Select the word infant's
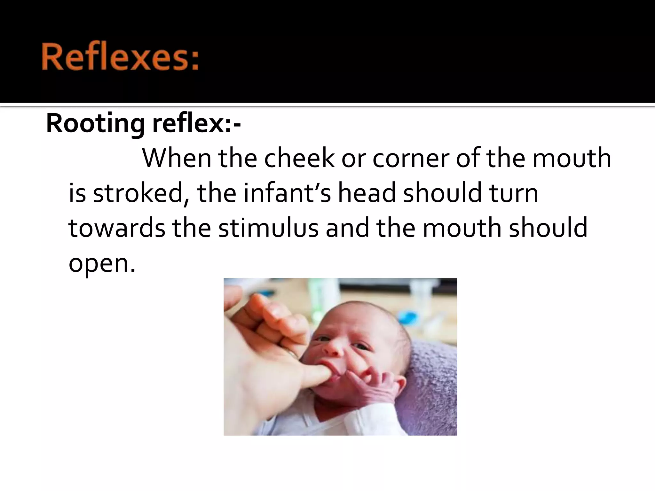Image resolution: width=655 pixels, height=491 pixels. click(287, 193)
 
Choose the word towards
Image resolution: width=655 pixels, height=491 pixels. click(116, 228)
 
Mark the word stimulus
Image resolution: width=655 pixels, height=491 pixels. click(268, 228)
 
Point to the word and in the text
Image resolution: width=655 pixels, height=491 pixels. click(347, 228)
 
